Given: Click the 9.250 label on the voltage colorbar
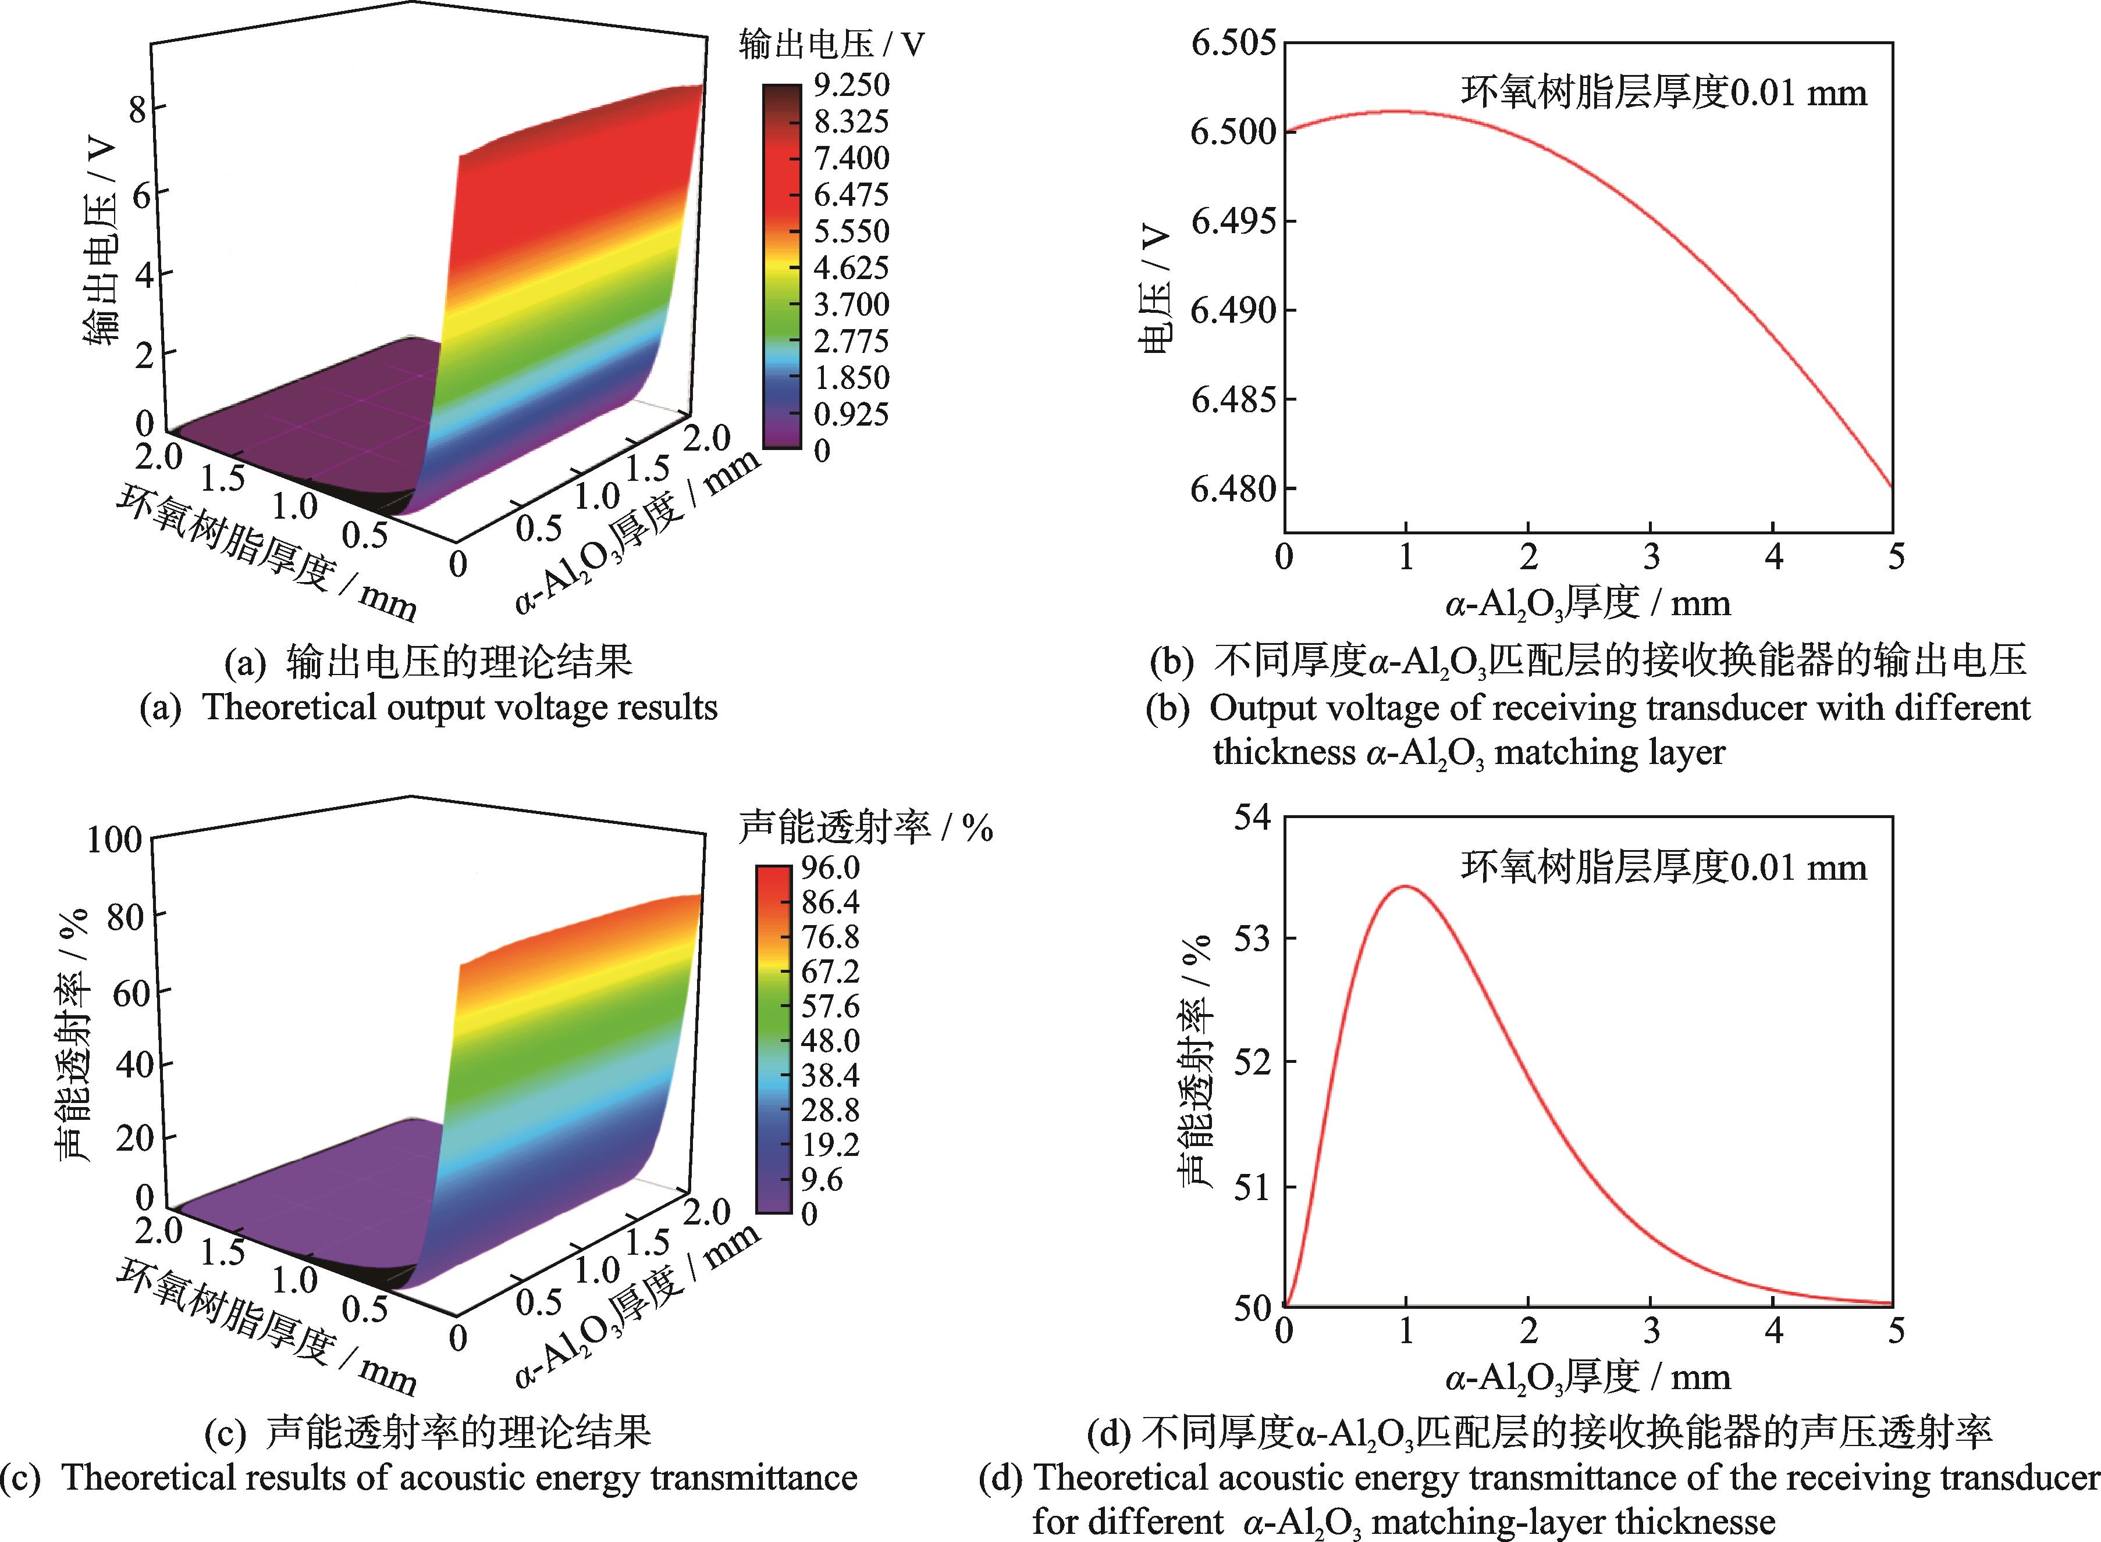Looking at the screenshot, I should [849, 85].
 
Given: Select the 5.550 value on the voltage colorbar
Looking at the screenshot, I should [849, 231].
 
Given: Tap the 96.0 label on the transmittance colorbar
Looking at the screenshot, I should [831, 868].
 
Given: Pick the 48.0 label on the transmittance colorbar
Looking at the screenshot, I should [831, 1041].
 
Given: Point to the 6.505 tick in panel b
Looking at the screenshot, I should [1232, 43].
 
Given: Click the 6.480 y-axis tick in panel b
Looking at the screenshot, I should [1232, 488].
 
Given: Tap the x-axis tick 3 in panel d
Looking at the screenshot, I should [1651, 1331].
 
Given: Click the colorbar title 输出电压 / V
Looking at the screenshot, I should [831, 44].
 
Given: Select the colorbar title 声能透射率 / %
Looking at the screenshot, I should [865, 827].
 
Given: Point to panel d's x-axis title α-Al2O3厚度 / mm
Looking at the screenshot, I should [1587, 1377].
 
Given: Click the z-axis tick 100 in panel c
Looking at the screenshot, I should [114, 839].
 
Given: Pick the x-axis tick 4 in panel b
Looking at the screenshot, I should [1773, 557].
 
